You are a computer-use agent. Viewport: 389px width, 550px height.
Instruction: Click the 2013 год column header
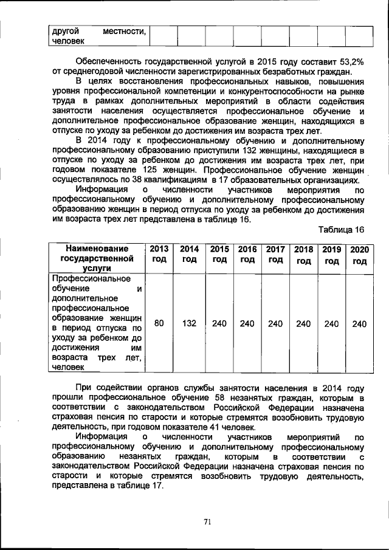tap(159, 254)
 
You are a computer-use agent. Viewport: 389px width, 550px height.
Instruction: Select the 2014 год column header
tap(189, 254)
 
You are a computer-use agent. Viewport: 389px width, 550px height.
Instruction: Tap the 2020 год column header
tap(359, 255)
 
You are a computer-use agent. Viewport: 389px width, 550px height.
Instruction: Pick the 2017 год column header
tap(275, 254)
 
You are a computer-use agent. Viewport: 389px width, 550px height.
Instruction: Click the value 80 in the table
tap(159, 324)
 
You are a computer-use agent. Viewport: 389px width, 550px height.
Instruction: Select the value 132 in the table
tap(189, 324)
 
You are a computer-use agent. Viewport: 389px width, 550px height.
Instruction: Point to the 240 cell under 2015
tap(219, 324)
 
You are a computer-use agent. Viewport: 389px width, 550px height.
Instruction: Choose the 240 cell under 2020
tap(359, 324)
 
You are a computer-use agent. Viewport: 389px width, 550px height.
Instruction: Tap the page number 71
tap(207, 521)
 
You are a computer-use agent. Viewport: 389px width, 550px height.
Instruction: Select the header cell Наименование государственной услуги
tap(97, 258)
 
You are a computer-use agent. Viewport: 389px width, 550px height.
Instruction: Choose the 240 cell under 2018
tap(303, 324)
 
